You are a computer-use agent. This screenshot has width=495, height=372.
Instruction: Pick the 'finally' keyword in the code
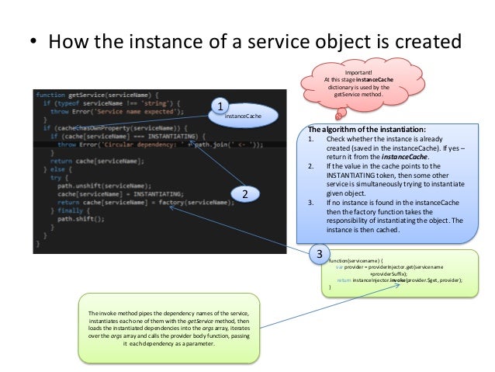pyautogui.click(x=66, y=210)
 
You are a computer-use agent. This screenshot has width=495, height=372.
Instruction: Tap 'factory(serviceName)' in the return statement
pyautogui.click(x=191, y=202)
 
